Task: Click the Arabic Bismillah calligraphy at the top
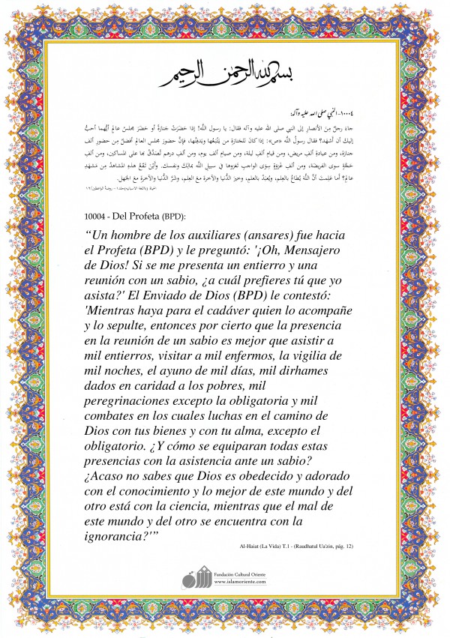[225, 70]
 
